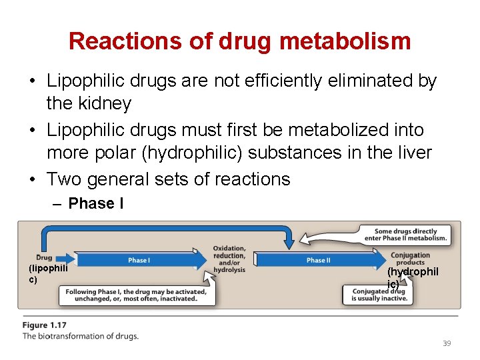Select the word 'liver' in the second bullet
[x=415, y=153]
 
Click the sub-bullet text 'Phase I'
[x=96, y=203]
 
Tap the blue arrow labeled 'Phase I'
[x=139, y=260]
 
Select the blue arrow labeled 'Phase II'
[x=319, y=260]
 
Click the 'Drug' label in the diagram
[x=44, y=257]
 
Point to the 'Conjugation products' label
[x=411, y=259]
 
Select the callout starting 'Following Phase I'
[x=137, y=295]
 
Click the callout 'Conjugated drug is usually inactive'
[x=378, y=295]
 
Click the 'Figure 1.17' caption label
[x=45, y=325]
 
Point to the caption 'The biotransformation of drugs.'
[x=81, y=336]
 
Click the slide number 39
[x=447, y=343]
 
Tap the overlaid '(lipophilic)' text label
[x=47, y=273]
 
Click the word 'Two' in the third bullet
[x=64, y=179]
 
